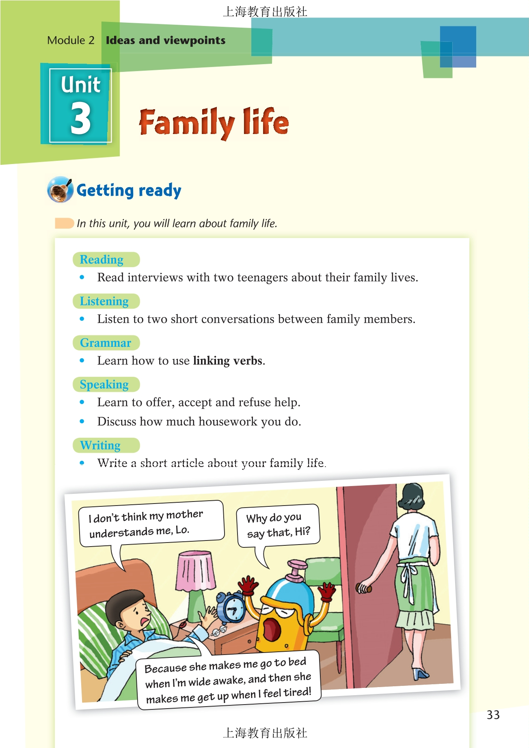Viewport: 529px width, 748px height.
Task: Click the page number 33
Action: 493,715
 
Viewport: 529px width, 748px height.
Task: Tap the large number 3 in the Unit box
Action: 80,118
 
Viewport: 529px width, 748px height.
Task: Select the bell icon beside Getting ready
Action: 60,190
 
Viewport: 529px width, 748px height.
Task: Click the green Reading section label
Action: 102,259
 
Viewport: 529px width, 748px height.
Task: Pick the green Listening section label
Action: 104,301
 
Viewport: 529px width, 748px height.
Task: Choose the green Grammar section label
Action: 106,343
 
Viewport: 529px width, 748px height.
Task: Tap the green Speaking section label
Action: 104,385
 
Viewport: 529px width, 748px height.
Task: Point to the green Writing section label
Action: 100,445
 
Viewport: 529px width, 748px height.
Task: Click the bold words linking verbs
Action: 228,361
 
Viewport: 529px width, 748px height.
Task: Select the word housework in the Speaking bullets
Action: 228,422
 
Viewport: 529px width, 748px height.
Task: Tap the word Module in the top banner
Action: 66,40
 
